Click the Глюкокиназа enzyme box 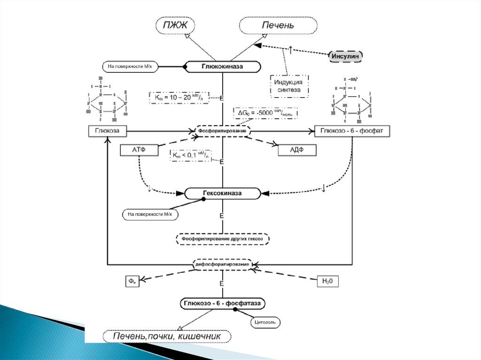[223, 67]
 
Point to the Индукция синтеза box [289, 86]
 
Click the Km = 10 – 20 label [178, 97]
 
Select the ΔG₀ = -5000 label [266, 113]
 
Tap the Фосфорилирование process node [222, 130]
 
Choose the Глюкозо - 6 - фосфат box [352, 131]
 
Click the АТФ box [139, 150]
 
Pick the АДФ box [297, 150]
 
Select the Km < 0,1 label [190, 155]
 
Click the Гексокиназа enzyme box [222, 193]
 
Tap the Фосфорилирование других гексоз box [223, 239]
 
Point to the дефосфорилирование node [222, 264]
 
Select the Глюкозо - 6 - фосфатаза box [222, 304]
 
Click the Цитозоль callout [264, 322]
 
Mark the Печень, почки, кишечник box [168, 336]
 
